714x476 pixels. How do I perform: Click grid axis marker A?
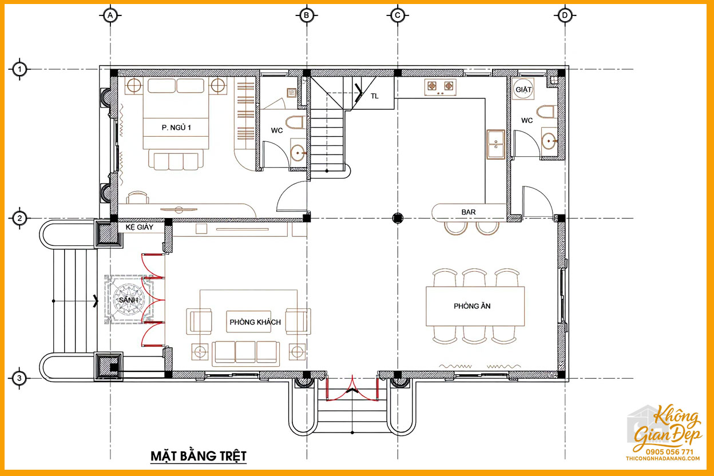click(x=110, y=15)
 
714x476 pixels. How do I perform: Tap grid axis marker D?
click(x=565, y=15)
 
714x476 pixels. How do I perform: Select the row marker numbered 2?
click(x=20, y=219)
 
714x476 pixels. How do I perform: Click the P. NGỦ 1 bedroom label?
click(x=176, y=128)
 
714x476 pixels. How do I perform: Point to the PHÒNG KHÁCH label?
click(x=255, y=322)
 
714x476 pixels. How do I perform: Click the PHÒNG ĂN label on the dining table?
click(x=472, y=306)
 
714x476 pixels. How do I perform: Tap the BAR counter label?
click(x=468, y=212)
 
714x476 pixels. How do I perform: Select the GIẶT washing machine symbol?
click(x=523, y=89)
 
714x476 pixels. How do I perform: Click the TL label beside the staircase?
click(x=375, y=96)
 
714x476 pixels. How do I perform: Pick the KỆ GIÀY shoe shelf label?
click(x=139, y=227)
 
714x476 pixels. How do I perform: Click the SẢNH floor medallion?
click(x=129, y=300)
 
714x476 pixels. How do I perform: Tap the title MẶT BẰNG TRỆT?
click(x=199, y=456)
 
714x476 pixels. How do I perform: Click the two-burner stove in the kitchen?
click(x=440, y=87)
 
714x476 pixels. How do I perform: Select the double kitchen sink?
click(x=495, y=144)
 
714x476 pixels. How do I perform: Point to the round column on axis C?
click(x=398, y=219)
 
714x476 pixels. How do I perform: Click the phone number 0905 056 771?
click(x=669, y=452)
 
